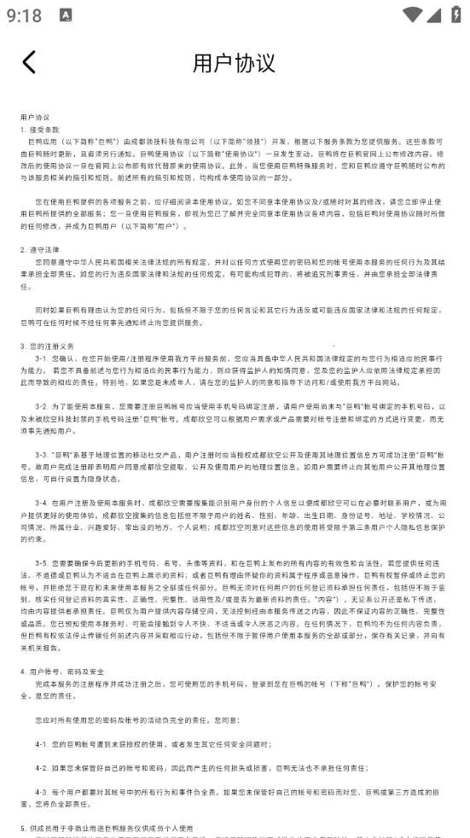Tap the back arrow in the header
tap(29, 61)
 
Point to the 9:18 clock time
tap(24, 15)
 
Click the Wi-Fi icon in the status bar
tap(413, 15)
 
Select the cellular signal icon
tap(434, 15)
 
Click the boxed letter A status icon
tap(67, 15)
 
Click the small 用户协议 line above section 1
tap(35, 116)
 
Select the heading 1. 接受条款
tap(40, 128)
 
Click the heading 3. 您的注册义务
tap(46, 346)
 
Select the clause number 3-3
tap(41, 455)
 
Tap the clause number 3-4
tap(41, 503)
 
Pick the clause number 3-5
tap(41, 563)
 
